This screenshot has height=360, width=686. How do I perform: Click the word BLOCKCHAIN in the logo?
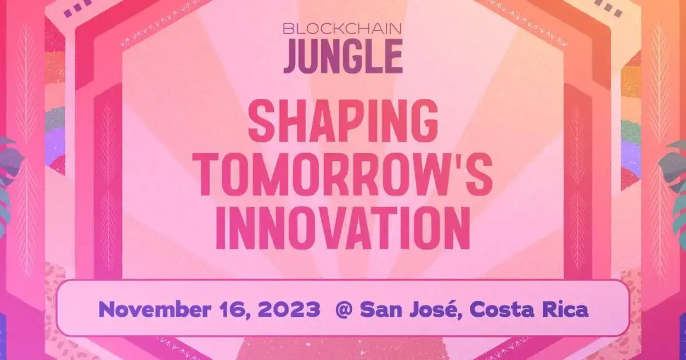coord(342,29)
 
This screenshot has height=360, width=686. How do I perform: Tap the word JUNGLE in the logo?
coord(343,57)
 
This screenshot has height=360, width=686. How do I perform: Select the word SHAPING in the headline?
coord(344,120)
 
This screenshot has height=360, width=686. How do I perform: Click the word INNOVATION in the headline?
coord(343,229)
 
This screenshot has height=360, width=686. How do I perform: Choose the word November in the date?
coord(155,310)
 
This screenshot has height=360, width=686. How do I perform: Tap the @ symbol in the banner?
coord(344,310)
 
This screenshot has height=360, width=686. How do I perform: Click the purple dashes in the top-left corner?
coord(78,7)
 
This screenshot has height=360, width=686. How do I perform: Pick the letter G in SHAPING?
coord(424,120)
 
